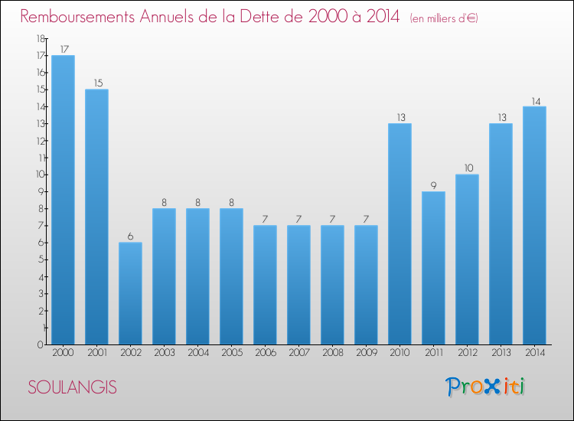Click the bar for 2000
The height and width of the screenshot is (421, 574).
[63, 200]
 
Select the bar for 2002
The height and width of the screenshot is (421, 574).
[130, 293]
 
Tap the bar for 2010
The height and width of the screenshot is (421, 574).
[400, 233]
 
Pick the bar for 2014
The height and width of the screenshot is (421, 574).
[534, 225]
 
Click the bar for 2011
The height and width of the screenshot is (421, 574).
[433, 268]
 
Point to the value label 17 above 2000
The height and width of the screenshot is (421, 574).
[63, 49]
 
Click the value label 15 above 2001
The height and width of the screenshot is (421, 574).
[96, 83]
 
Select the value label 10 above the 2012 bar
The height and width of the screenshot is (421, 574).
[467, 168]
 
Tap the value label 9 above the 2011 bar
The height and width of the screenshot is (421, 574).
[433, 184]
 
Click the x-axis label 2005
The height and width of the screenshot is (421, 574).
[231, 354]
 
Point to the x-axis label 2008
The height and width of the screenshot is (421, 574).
[332, 354]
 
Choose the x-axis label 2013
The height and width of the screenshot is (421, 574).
[501, 354]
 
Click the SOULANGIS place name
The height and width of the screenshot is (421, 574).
[73, 387]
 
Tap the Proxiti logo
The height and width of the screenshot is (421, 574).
[485, 387]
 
